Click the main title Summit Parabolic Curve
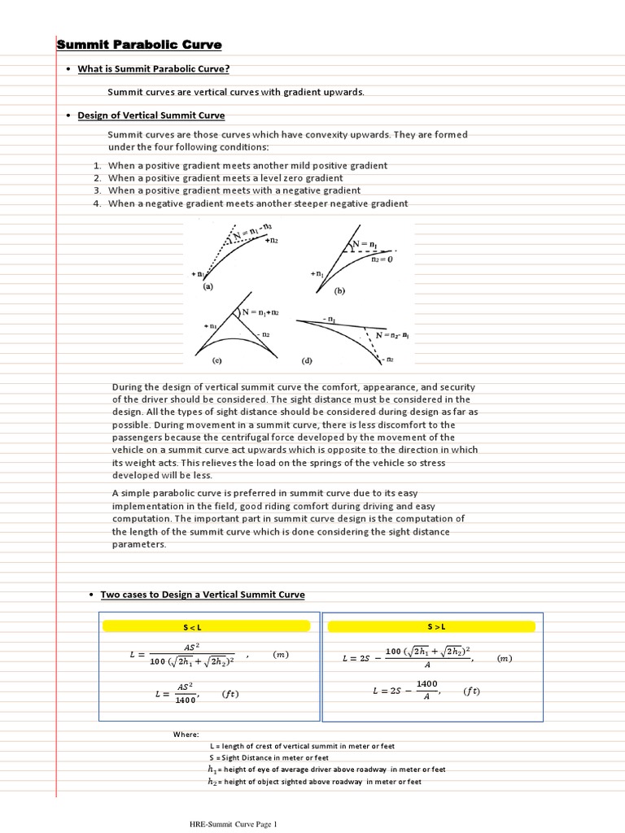[x=139, y=44]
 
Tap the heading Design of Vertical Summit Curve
[x=151, y=116]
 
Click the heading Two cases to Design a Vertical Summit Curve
[x=202, y=595]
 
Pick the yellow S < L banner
[x=206, y=626]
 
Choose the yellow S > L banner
[x=436, y=626]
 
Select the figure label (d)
[x=306, y=360]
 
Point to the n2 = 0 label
[x=382, y=260]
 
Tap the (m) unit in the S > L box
[x=505, y=658]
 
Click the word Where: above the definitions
[x=186, y=735]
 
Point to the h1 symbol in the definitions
[x=212, y=769]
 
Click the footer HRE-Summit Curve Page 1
[x=233, y=824]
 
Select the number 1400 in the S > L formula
[x=426, y=684]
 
